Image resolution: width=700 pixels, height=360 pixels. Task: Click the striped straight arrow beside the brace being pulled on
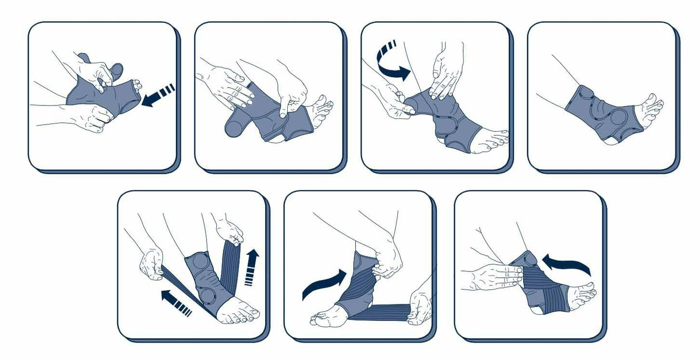[157, 97]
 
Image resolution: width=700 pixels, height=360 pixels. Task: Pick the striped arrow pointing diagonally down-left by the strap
[176, 302]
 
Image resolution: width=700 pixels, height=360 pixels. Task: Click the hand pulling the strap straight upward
[230, 230]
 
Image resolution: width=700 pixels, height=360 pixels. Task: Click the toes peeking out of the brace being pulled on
[135, 86]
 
